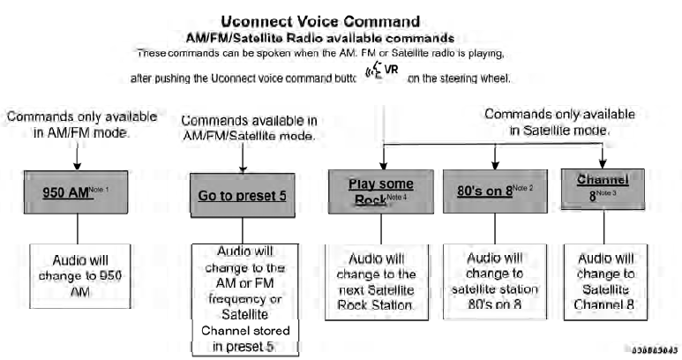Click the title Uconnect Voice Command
point(341,19)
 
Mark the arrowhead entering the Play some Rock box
point(382,161)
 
